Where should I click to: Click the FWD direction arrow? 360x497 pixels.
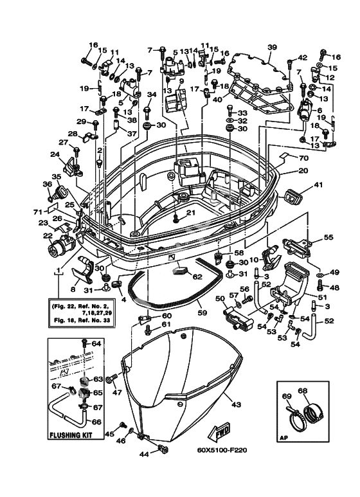(219, 431)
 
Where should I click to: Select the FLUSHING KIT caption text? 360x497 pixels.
(71, 435)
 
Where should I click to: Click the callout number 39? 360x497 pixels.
(272, 48)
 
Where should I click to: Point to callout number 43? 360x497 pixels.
(237, 404)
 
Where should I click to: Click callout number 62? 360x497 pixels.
(197, 276)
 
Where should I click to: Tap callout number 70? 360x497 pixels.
(303, 158)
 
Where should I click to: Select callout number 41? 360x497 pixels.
(317, 185)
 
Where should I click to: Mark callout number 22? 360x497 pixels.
(48, 236)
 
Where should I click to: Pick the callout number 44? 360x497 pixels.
(144, 454)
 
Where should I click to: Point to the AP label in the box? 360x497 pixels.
(282, 439)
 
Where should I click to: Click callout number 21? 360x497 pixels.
(190, 213)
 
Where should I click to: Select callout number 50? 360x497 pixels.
(220, 298)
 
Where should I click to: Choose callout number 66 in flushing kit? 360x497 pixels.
(96, 422)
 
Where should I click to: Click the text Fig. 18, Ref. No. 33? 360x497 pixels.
(80, 320)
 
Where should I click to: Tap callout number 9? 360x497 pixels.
(181, 81)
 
